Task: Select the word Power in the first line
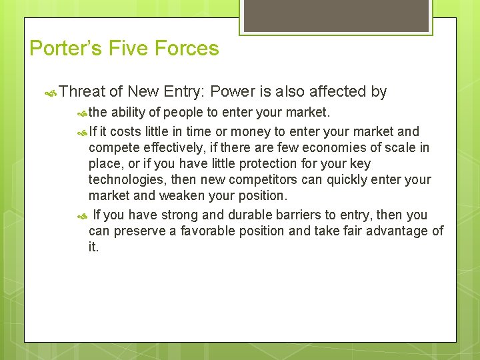click(231, 92)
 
